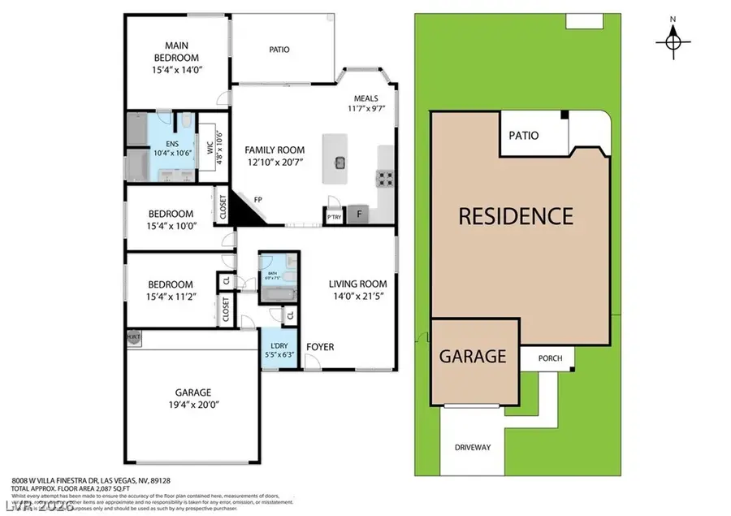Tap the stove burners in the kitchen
(x=385, y=177)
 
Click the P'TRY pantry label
(x=333, y=217)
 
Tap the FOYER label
(x=320, y=347)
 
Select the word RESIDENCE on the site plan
(x=515, y=216)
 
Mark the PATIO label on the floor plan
(x=279, y=50)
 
